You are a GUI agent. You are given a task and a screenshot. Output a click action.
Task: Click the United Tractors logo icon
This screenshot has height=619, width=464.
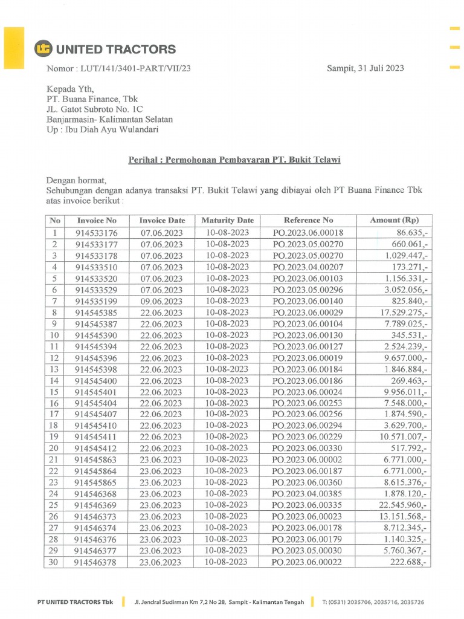click(43, 49)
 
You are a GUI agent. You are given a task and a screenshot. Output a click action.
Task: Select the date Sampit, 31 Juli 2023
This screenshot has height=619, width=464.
click(366, 68)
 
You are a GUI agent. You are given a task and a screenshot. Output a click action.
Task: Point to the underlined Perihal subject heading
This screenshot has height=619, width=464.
click(234, 160)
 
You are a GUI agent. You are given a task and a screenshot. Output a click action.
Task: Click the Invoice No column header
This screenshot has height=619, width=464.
click(97, 221)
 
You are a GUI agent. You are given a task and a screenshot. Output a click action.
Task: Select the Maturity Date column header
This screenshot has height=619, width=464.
click(227, 221)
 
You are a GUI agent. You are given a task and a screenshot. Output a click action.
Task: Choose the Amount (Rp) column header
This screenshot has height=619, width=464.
click(394, 221)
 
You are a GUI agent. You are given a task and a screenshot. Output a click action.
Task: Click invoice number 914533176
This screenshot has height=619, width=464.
click(97, 233)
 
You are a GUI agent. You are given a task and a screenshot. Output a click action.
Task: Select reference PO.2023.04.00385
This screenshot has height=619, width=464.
click(308, 494)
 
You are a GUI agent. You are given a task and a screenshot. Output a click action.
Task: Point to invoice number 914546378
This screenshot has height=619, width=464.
click(97, 562)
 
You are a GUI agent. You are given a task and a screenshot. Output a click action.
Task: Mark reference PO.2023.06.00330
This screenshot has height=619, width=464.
click(308, 449)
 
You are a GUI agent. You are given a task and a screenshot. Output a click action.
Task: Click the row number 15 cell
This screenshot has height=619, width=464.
click(55, 392)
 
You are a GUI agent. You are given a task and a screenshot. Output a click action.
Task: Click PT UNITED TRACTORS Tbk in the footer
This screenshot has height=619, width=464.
click(75, 602)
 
